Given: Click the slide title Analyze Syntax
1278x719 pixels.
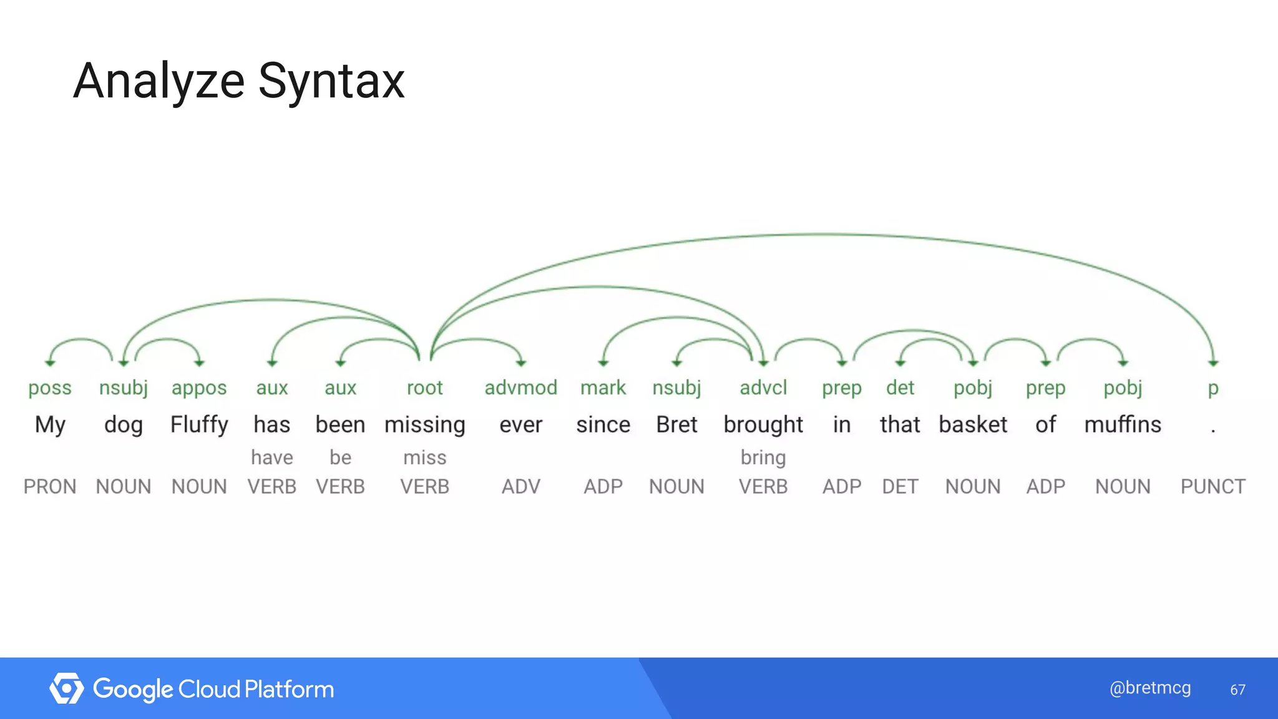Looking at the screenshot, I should pyautogui.click(x=239, y=81).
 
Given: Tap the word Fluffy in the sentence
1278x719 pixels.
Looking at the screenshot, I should pyautogui.click(x=199, y=424).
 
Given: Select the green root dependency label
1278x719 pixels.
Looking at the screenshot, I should pyautogui.click(x=424, y=388).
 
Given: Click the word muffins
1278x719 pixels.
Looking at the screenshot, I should pyautogui.click(x=1123, y=424).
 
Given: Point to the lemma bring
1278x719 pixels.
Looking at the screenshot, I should pyautogui.click(x=763, y=457).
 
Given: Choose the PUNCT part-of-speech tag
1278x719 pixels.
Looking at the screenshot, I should pyautogui.click(x=1212, y=486).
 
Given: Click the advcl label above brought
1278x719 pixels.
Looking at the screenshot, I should pyautogui.click(x=763, y=388).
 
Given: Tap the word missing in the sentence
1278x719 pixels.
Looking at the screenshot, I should pyautogui.click(x=424, y=425).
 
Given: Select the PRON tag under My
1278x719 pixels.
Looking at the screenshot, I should pyautogui.click(x=50, y=486).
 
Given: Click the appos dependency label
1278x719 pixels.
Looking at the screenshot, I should pyautogui.click(x=199, y=388).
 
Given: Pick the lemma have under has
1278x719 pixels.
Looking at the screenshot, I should pyautogui.click(x=271, y=457).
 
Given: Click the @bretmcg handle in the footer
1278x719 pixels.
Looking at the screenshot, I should pyautogui.click(x=1149, y=688).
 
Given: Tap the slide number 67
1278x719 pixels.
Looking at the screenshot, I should pyautogui.click(x=1237, y=690).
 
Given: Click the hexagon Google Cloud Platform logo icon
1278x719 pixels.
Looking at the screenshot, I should pyautogui.click(x=66, y=688).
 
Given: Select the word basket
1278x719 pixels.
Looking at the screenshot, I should pyautogui.click(x=972, y=424).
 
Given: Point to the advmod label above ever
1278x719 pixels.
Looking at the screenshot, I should pyautogui.click(x=520, y=388).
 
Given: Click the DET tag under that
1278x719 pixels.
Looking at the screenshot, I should pyautogui.click(x=900, y=486).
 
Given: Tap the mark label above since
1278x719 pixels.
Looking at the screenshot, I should pyautogui.click(x=603, y=388).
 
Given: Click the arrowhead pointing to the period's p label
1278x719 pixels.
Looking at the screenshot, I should pyautogui.click(x=1212, y=363).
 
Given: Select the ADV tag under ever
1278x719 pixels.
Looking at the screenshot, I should pyautogui.click(x=520, y=486).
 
